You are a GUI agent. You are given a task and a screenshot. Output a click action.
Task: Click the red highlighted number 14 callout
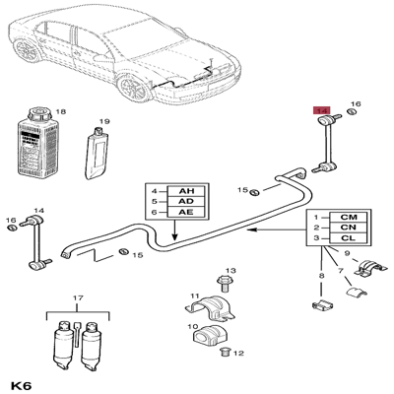pos(322,110)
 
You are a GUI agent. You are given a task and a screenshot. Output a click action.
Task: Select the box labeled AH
pos(186,191)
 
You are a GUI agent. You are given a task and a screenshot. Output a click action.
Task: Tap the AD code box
pos(186,202)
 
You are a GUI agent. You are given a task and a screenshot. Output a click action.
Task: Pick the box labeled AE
pos(186,212)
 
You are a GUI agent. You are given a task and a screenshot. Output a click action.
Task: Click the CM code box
pos(349,217)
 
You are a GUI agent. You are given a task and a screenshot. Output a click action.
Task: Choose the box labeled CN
pos(349,228)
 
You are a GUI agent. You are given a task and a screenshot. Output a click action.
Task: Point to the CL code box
pos(349,237)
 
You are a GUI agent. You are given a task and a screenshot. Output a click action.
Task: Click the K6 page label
pos(21,385)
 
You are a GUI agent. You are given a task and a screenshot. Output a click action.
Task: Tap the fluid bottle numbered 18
pos(36,143)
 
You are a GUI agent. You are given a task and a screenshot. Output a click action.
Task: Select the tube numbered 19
pos(97,154)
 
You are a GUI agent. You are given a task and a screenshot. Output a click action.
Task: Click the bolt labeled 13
pos(223,285)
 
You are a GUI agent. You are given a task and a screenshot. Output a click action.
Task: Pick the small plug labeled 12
pos(225,352)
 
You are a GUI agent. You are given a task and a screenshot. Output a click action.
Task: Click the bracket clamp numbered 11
pos(211,308)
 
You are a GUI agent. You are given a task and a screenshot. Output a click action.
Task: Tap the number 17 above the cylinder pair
pos(78,298)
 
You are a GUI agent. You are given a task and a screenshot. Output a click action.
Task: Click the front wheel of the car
pos(135,88)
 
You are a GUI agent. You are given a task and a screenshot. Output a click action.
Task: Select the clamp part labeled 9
pos(369,267)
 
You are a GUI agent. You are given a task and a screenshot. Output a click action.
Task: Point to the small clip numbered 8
pos(322,305)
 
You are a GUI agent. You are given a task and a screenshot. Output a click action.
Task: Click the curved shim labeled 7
pos(357,292)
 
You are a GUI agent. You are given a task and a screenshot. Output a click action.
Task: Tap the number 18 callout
pos(61,111)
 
